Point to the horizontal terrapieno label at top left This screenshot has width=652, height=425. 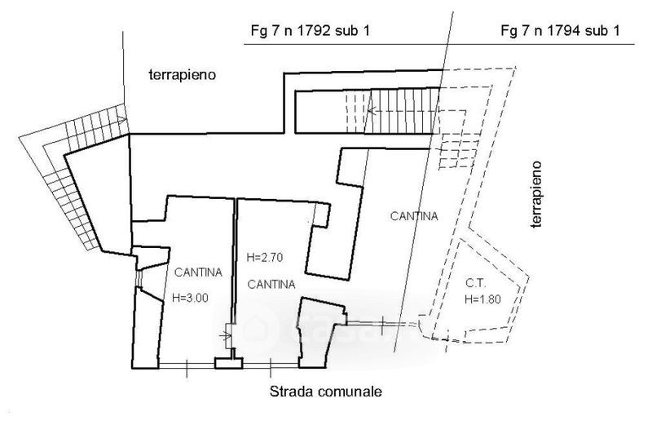[181, 75]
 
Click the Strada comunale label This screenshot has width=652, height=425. [325, 392]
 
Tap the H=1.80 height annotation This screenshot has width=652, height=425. [483, 300]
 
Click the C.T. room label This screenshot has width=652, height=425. [477, 285]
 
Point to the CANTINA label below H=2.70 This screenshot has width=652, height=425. [271, 285]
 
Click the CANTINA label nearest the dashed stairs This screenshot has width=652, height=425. [414, 216]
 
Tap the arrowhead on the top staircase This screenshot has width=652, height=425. [371, 108]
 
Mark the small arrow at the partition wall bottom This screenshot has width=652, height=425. [227, 334]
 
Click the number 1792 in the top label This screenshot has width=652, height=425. [311, 33]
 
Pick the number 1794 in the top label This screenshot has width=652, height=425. [562, 33]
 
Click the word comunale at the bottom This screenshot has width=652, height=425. [346, 392]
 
